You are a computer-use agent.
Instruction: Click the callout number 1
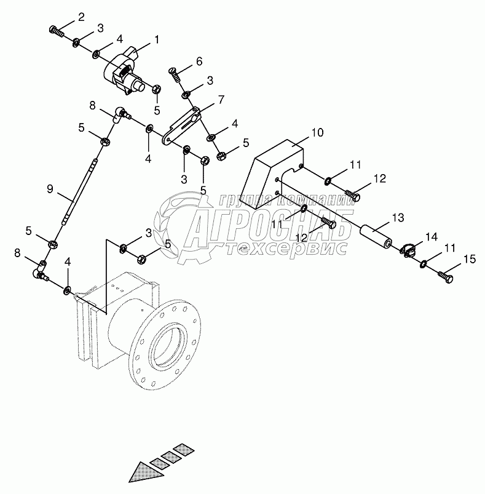click(x=157, y=39)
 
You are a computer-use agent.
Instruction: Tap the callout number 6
click(x=199, y=61)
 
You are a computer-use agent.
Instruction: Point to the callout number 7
click(x=221, y=99)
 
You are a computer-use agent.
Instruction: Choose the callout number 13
click(x=398, y=217)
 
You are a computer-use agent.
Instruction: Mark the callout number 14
click(x=430, y=237)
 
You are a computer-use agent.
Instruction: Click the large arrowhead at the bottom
click(x=146, y=471)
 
